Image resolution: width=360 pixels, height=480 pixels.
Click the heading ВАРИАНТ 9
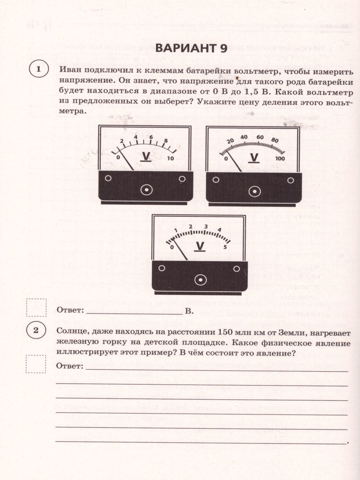[x=191, y=48]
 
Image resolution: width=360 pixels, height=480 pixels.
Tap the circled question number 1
[x=38, y=70]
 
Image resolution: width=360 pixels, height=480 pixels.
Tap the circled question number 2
[x=36, y=330]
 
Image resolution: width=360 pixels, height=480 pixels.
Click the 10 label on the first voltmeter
[x=170, y=158]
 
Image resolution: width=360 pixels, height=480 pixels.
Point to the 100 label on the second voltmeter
[x=280, y=158]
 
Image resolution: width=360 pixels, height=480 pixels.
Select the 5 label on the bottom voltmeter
[x=225, y=247]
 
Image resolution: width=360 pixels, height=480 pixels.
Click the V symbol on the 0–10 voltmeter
[x=146, y=157]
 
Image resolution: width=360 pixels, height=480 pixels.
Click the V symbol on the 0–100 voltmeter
[x=254, y=157]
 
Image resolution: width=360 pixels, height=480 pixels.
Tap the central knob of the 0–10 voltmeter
[x=147, y=190]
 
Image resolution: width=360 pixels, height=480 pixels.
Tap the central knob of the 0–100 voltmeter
[x=254, y=192]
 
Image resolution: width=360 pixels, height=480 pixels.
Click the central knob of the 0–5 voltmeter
[x=199, y=280]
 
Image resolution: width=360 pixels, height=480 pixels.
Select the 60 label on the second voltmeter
[x=260, y=137]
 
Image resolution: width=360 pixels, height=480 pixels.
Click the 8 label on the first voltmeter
[x=165, y=140]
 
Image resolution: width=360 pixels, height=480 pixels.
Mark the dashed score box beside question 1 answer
[x=36, y=307]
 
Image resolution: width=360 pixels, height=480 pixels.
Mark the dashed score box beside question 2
[x=36, y=364]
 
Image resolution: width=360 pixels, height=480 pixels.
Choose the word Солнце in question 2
[x=72, y=333]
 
